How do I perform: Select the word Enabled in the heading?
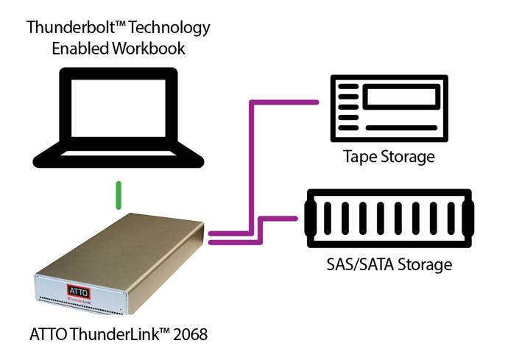click(82, 49)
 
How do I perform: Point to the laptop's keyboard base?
click(118, 157)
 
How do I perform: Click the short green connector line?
click(117, 197)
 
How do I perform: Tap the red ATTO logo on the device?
click(77, 289)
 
